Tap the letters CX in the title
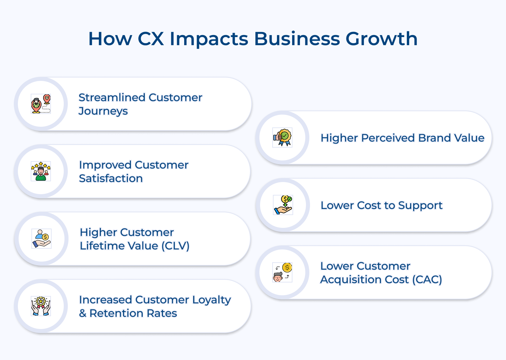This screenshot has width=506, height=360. click(x=151, y=39)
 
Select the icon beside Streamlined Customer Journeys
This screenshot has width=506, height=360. click(x=41, y=104)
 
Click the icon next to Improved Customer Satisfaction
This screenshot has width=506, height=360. click(x=41, y=171)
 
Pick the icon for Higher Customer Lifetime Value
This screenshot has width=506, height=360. click(x=41, y=239)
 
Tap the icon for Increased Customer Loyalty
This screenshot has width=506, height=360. click(x=41, y=306)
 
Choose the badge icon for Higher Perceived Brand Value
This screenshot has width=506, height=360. click(x=282, y=138)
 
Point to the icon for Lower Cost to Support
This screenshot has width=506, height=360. click(x=283, y=205)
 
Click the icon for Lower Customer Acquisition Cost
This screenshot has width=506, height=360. click(x=282, y=272)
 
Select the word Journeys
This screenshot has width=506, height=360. click(x=103, y=111)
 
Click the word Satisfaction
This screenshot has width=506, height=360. click(x=111, y=178)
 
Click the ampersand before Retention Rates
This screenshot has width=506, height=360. click(x=83, y=313)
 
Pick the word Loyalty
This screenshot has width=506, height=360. click(x=212, y=300)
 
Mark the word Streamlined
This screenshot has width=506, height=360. click(x=112, y=97)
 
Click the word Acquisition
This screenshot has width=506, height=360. click(x=364, y=279)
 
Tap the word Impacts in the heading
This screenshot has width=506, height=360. click(x=209, y=39)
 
